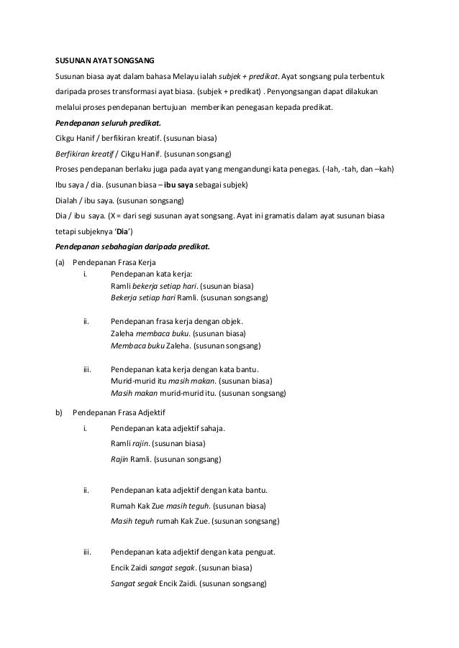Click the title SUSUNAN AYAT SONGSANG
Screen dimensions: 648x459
[x=105, y=59]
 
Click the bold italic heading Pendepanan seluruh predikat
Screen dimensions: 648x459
[x=104, y=122]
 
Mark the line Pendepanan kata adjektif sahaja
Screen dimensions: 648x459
[x=168, y=429]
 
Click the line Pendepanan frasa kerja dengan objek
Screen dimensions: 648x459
[x=177, y=321]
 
